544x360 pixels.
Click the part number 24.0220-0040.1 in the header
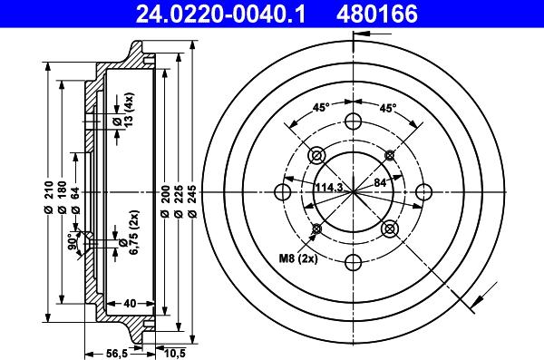[220, 14]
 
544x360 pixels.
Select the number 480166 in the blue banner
[377, 14]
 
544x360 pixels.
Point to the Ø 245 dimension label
[193, 201]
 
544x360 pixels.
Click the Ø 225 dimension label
[179, 201]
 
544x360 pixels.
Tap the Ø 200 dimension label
[165, 201]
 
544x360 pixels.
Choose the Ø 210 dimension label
[48, 197]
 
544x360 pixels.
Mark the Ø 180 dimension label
[62, 197]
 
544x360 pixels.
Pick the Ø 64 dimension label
[75, 200]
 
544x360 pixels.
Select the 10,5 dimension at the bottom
[174, 354]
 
